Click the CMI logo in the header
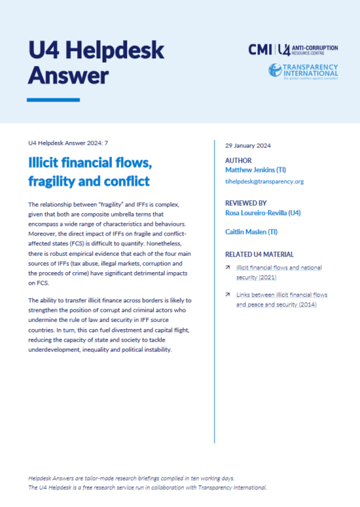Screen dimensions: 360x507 [261, 49]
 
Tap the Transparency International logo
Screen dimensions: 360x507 [303, 71]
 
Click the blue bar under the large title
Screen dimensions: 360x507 [53, 100]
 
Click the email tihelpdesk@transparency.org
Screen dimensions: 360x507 [264, 181]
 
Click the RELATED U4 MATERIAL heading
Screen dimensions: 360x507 [259, 254]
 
